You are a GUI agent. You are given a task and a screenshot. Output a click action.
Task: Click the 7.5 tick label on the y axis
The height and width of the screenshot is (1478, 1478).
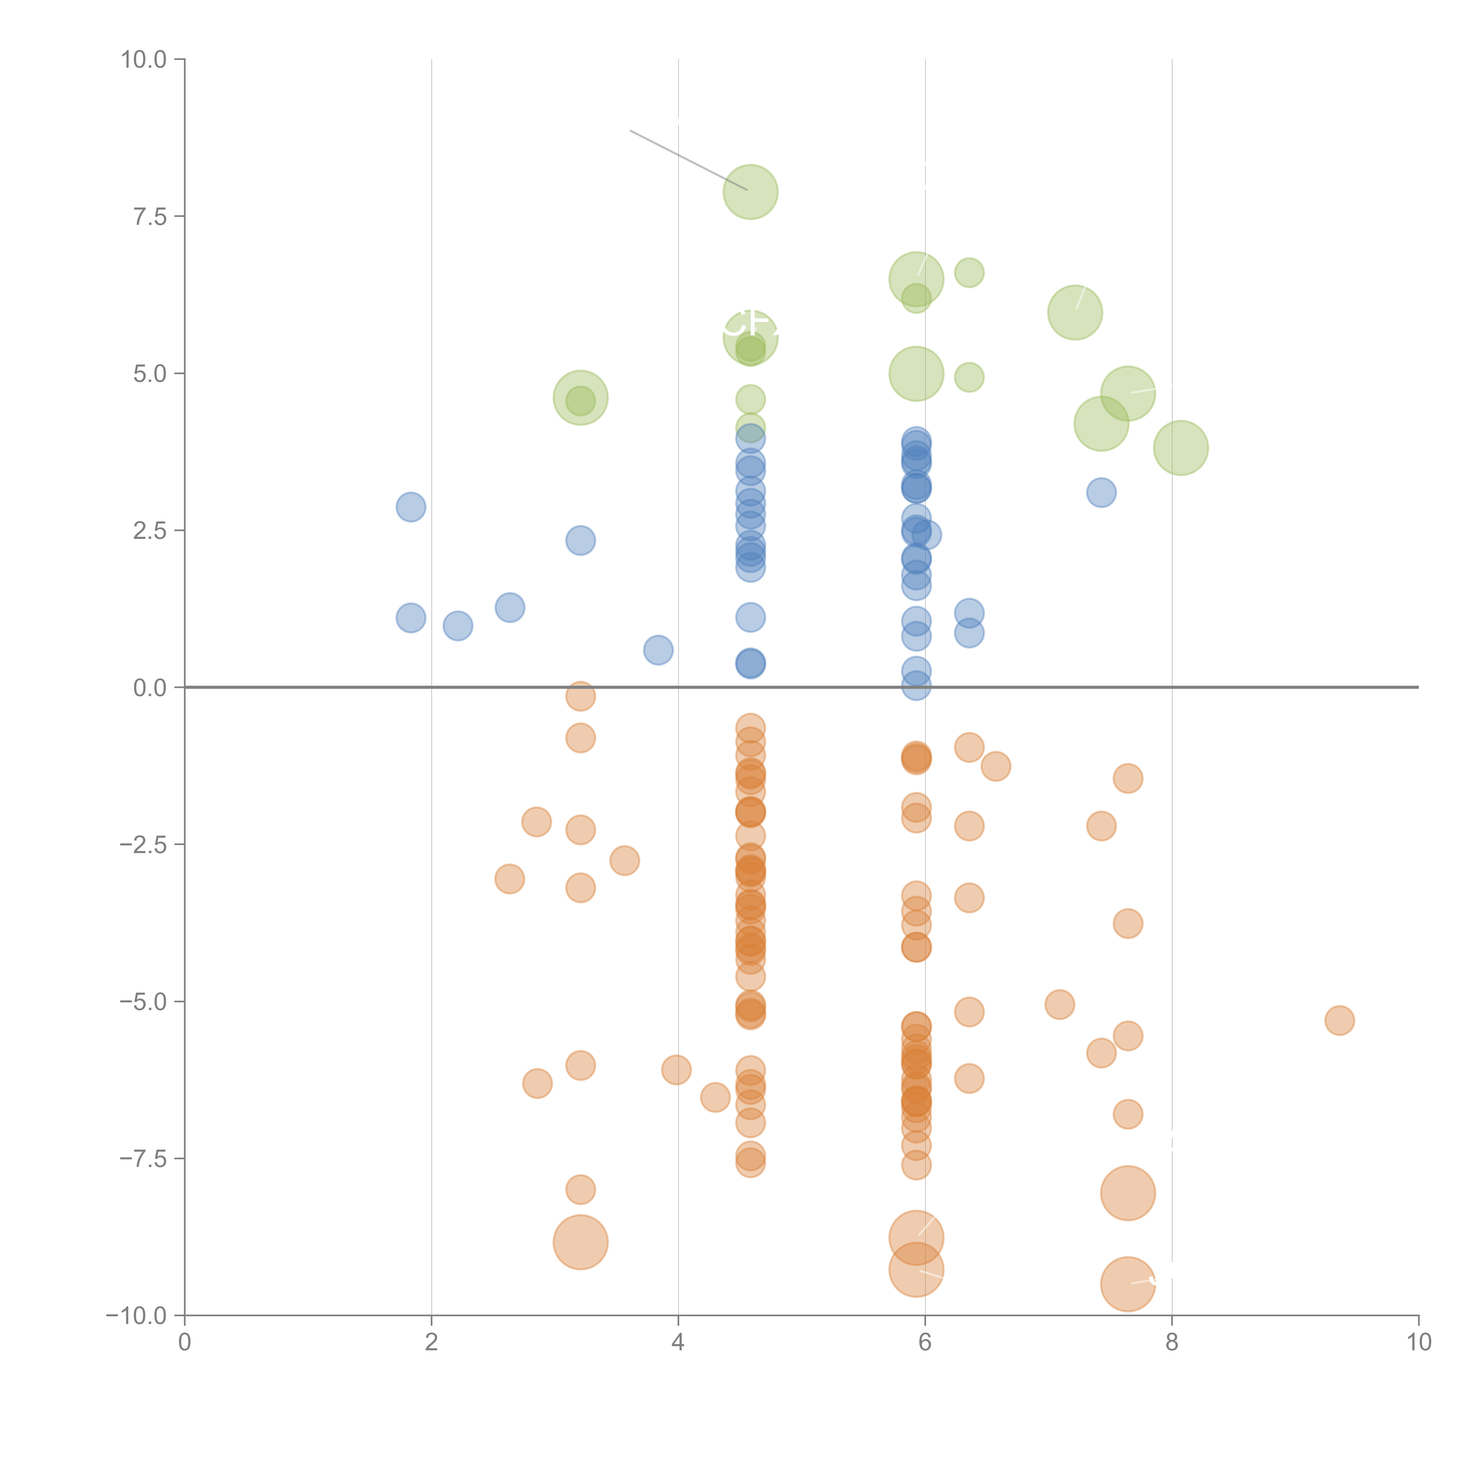[x=149, y=216]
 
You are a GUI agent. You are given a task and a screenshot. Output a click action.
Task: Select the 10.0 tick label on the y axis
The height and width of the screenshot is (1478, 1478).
[x=143, y=60]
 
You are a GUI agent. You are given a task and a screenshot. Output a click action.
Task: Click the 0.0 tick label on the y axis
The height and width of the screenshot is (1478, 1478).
[x=149, y=688]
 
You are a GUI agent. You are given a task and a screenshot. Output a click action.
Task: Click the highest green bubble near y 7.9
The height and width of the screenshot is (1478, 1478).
[x=751, y=192]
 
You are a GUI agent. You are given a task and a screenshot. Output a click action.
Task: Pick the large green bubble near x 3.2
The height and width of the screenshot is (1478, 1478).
[x=581, y=398]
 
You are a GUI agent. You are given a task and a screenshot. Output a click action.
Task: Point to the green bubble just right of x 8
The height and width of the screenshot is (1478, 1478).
[x=1180, y=448]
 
